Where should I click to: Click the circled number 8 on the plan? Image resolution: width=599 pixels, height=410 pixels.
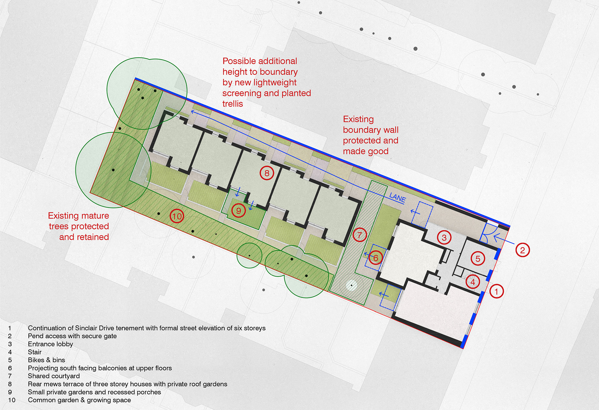[x=267, y=173]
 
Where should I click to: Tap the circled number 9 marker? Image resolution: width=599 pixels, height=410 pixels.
[x=238, y=211]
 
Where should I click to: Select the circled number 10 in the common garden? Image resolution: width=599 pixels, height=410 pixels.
[x=177, y=216]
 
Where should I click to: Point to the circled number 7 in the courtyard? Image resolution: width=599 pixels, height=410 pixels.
[x=359, y=235]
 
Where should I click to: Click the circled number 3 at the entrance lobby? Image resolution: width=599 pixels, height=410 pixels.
[x=444, y=238]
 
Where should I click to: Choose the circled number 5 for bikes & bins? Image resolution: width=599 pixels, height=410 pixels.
[x=478, y=258]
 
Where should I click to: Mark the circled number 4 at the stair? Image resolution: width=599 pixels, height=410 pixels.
[x=473, y=282]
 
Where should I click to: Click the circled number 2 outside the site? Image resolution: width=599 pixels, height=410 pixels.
[x=522, y=250]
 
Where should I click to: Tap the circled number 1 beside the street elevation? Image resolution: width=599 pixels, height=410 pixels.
[x=496, y=291]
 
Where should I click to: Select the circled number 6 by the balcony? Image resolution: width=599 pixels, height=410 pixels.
[x=376, y=258]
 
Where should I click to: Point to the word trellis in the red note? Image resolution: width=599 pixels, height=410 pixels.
[x=232, y=104]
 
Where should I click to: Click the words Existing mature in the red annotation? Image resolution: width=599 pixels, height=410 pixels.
[x=78, y=216]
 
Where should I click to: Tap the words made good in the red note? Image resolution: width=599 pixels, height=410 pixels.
[x=366, y=151]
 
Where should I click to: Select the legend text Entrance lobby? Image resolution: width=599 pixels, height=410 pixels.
[x=50, y=344]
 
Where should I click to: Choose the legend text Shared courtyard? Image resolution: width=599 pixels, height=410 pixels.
[x=54, y=376]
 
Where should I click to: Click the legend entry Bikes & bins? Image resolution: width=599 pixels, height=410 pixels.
[x=46, y=360]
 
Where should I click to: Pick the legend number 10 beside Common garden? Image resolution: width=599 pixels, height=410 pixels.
[x=12, y=400]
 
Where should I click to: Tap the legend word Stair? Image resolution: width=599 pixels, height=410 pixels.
[x=35, y=352]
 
